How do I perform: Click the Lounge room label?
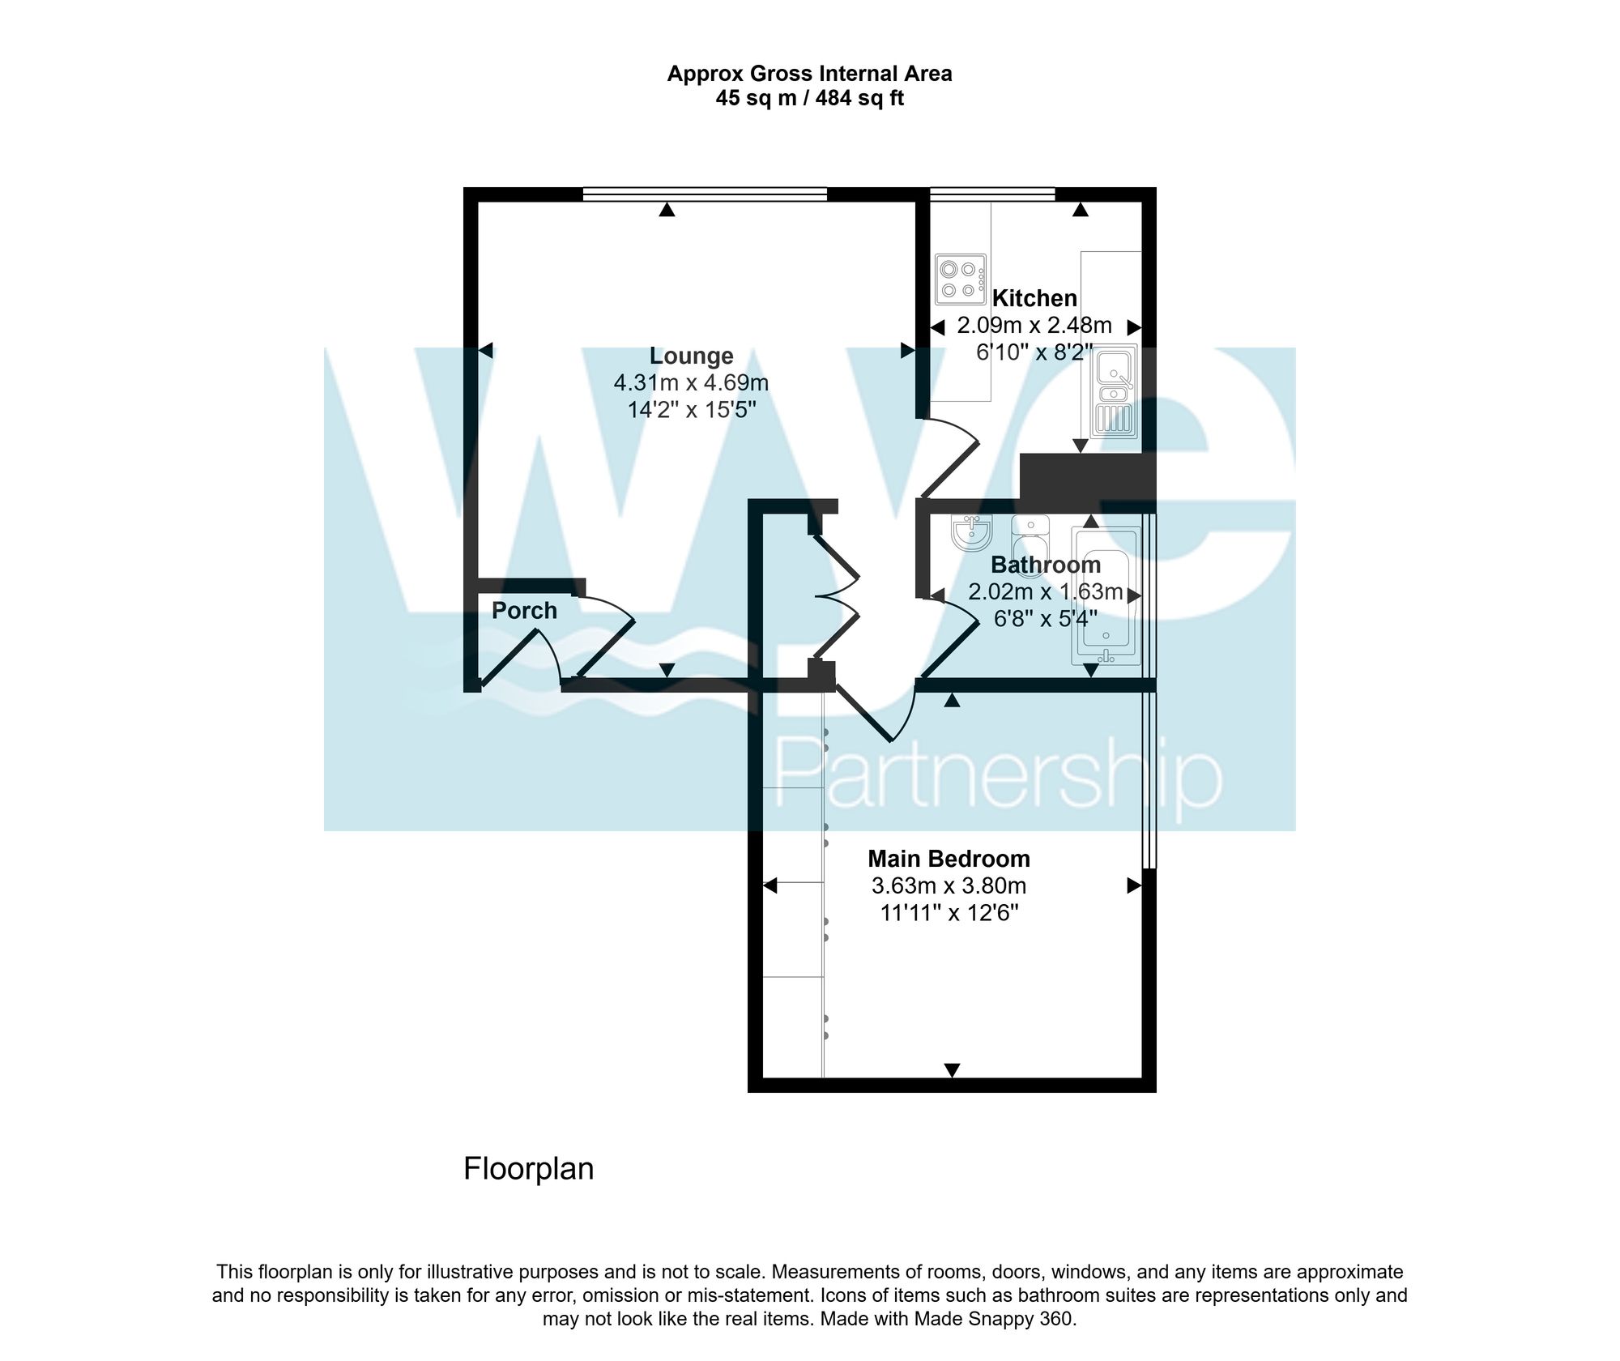pos(691,356)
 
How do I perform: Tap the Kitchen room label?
pos(1034,298)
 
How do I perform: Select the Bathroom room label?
pos(1045,565)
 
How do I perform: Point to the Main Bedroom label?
pos(949,859)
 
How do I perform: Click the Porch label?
pos(524,611)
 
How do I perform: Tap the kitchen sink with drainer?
pos(1115,392)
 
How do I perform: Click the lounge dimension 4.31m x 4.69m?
pos(691,382)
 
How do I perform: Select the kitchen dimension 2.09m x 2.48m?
pos(1034,326)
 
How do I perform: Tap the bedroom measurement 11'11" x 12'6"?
pos(949,913)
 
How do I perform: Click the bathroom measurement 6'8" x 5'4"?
pos(1045,619)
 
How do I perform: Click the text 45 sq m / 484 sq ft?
pos(809,99)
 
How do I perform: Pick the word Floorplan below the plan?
pos(528,1168)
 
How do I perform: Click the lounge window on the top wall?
pos(705,194)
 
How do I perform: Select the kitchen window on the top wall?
pos(992,194)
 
